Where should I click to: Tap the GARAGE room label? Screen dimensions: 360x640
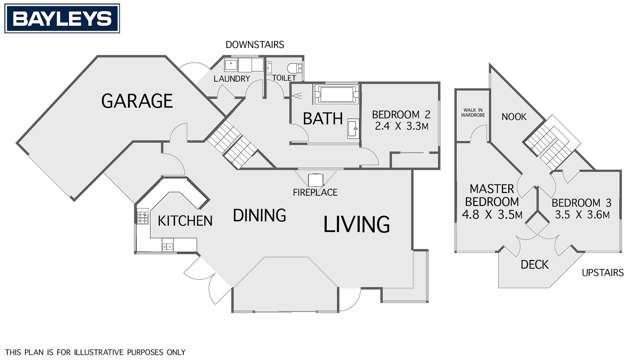(x=138, y=101)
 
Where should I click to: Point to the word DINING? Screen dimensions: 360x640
(x=260, y=215)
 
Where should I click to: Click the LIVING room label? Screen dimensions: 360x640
(x=356, y=225)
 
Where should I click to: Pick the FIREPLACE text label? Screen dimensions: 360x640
(x=313, y=191)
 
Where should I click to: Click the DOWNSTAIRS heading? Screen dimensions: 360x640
(x=256, y=45)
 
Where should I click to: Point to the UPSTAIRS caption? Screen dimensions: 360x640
(x=605, y=272)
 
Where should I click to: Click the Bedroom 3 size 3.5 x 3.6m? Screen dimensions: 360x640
(x=582, y=213)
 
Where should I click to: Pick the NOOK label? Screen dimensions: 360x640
(x=514, y=116)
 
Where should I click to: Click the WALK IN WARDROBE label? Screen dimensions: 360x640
(x=471, y=113)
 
